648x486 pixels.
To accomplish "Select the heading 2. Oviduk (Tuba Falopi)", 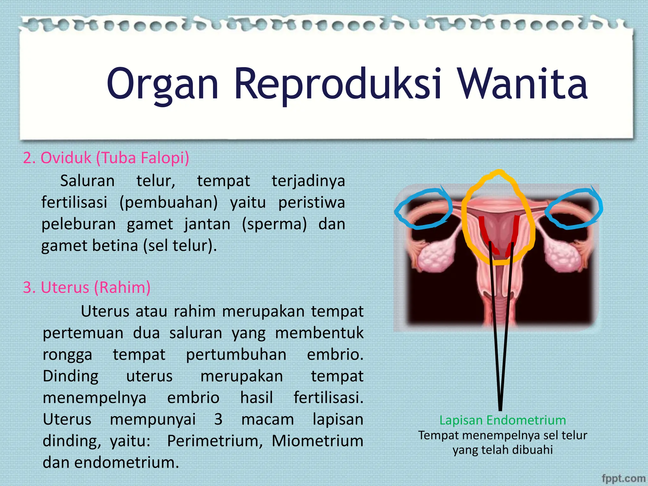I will [x=106, y=158].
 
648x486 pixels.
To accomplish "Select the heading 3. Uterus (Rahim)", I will [x=87, y=287].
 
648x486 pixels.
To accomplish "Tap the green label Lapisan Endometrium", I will [x=502, y=420].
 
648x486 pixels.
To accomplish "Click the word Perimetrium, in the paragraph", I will [x=215, y=441].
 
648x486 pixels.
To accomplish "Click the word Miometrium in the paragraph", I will [x=317, y=441].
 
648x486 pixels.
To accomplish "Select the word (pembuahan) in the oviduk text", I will [x=168, y=202].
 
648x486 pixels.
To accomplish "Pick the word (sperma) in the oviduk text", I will [x=274, y=224].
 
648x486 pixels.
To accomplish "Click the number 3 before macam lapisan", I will [x=218, y=419].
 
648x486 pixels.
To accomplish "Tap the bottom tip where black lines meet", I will [x=500, y=409].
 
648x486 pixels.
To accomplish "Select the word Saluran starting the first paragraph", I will [x=87, y=181].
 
